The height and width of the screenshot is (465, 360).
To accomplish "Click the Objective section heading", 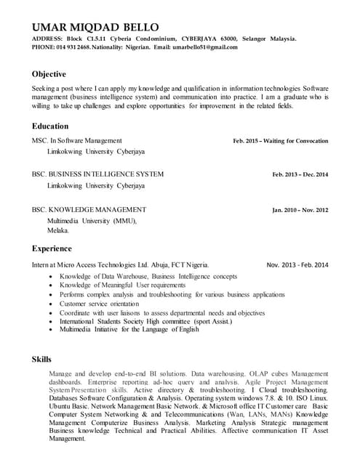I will [49, 74].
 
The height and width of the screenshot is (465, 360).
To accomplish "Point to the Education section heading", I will [50, 126].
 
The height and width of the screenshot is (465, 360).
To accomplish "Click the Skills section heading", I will [41, 359].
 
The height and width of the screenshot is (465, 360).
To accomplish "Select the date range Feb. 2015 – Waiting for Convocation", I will [280, 141].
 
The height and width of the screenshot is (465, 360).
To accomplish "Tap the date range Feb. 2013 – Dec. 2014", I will [300, 174].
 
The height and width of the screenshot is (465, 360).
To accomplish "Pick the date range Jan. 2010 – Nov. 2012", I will [300, 210].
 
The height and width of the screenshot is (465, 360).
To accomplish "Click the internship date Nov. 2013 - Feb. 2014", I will [297, 264].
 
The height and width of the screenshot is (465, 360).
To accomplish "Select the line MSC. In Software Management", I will [76, 140].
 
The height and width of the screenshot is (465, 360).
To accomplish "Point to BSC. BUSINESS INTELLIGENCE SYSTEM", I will [97, 174].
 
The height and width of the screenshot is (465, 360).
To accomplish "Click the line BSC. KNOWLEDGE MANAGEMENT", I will [89, 209].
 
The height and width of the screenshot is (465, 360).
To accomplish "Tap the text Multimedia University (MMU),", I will [92, 220].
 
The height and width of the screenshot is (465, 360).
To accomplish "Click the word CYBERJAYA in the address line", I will [206, 39].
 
